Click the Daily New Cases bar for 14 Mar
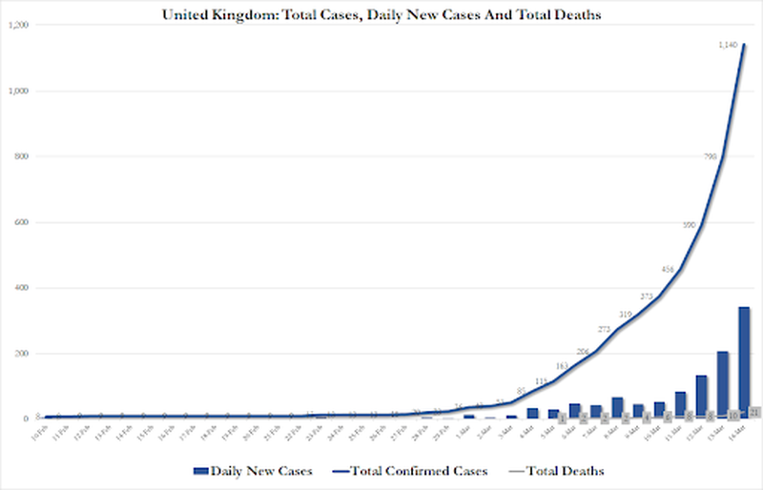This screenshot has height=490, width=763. click(744, 362)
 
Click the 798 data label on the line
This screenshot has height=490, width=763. click(711, 156)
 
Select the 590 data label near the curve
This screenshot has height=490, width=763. click(690, 225)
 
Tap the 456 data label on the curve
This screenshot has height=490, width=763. click(669, 270)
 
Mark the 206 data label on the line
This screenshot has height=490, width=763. click(584, 352)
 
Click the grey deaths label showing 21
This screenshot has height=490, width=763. click(753, 412)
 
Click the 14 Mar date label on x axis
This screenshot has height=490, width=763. click(740, 434)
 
